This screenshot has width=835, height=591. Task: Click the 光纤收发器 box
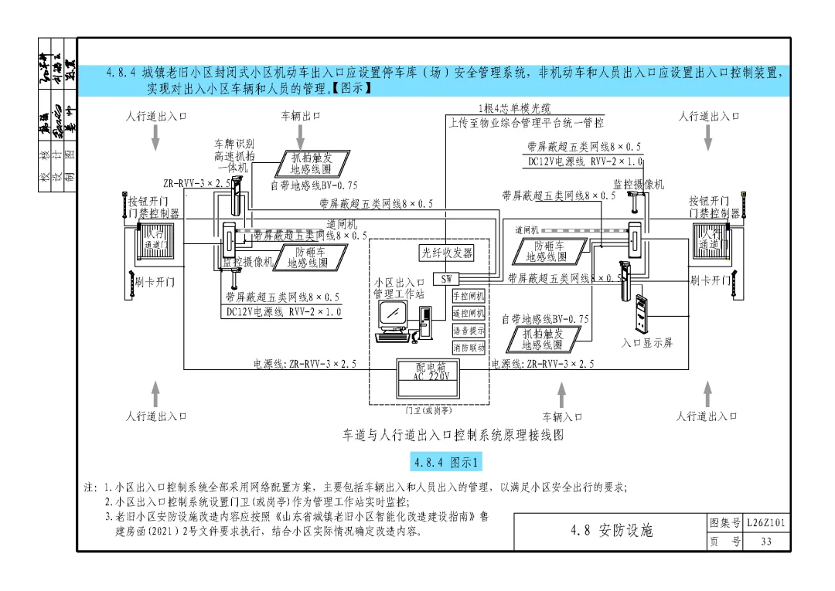point(447,253)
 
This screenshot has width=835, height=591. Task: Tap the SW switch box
point(447,278)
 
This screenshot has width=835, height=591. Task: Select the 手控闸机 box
point(469,296)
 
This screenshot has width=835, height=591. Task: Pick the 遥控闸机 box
point(469,313)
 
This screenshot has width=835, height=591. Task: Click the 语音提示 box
point(469,331)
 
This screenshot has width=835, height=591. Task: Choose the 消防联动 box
point(469,348)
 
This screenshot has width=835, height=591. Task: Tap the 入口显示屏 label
point(646,342)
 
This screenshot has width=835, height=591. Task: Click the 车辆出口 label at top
point(300,117)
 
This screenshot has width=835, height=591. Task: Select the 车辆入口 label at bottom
point(562,417)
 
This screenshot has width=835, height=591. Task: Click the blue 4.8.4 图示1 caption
point(446,463)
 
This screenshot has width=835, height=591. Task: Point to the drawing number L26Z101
point(766,523)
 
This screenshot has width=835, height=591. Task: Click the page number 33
point(765,542)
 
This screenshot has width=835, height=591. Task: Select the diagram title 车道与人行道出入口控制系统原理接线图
point(454,436)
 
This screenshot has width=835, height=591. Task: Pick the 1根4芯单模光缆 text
point(515,109)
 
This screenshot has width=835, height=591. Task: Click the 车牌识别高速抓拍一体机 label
point(233,155)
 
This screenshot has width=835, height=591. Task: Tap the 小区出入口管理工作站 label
point(399,288)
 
